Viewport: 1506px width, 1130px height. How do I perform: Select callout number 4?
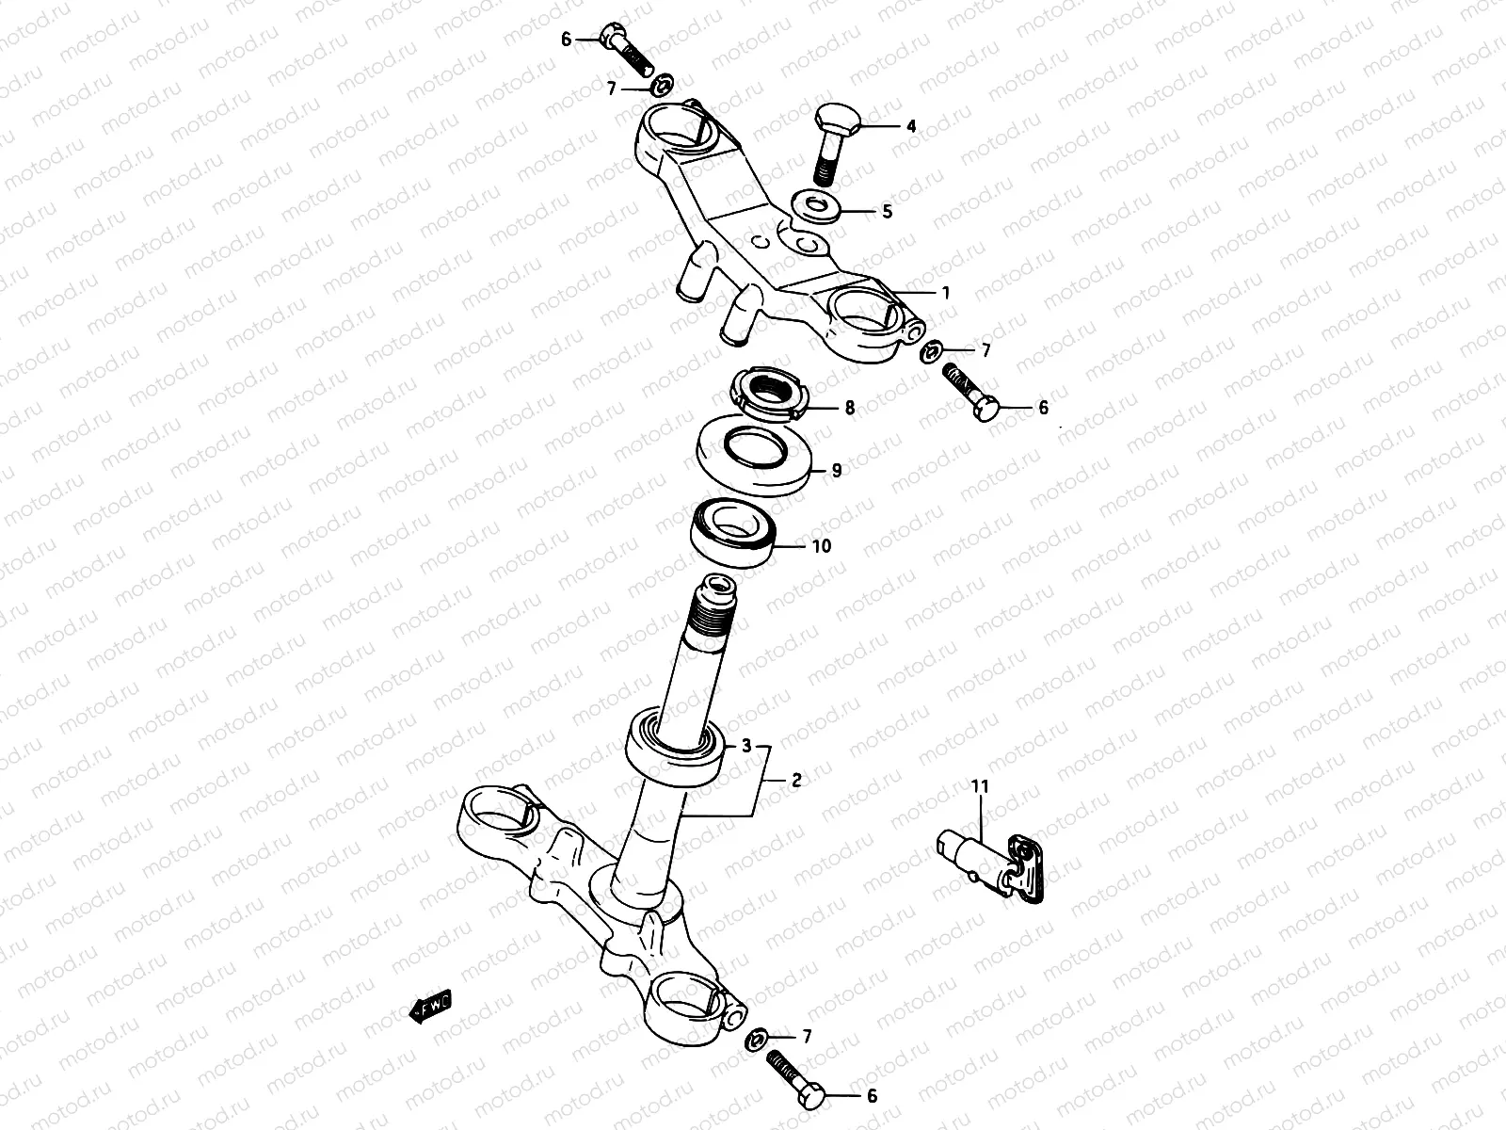click(910, 125)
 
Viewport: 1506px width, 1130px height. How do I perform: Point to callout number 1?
click(946, 293)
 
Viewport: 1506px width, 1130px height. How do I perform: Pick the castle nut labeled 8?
click(770, 395)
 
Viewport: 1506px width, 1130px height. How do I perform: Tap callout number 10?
click(821, 546)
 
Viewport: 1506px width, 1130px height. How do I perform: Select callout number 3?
click(746, 747)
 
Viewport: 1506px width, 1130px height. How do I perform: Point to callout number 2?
click(795, 780)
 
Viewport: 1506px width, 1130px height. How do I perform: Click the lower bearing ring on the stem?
click(674, 747)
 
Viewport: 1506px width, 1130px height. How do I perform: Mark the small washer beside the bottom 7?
click(756, 1041)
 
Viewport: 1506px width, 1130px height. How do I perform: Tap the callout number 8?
click(849, 409)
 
